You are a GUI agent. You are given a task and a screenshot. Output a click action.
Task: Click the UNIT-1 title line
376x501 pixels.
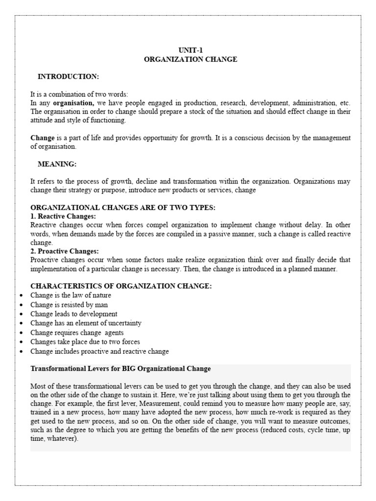pos(190,50)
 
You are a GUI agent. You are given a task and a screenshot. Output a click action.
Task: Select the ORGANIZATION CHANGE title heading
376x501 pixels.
pos(190,59)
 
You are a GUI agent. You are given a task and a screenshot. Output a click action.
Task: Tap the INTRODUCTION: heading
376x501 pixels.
pos(69,77)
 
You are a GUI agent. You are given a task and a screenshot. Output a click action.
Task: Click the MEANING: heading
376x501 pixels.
pos(57,164)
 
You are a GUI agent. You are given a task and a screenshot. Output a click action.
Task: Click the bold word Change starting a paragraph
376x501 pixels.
pos(42,138)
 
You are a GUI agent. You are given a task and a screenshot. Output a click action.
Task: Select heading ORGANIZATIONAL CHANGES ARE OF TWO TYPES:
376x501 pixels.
pos(123,208)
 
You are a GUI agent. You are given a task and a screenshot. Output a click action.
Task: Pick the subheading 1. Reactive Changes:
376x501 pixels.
pos(63,216)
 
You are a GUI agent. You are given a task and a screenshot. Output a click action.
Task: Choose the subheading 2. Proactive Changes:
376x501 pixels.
pos(65,251)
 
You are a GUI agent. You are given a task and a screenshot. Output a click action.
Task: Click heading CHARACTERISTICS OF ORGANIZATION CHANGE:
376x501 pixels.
pos(121,286)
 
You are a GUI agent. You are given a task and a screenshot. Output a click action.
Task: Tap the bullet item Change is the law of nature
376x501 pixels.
pos(70,295)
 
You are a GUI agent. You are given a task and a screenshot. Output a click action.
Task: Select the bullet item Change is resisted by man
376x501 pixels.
pos(68,305)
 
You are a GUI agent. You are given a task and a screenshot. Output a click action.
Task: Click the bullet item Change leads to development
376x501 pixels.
pos(73,314)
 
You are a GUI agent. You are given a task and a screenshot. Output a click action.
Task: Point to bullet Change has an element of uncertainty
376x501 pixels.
pos(86,323)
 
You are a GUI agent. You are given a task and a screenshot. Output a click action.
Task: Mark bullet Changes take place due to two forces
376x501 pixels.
pos(85,342)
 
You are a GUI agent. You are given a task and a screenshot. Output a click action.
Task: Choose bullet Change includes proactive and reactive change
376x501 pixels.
pos(99,351)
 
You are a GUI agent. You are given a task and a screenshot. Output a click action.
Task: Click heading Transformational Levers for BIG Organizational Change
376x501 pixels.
pos(120,368)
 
